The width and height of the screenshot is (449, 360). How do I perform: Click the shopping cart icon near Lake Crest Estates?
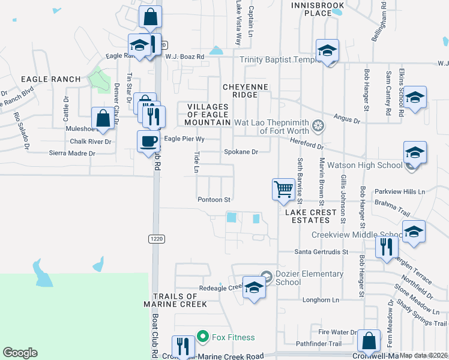click(x=283, y=190)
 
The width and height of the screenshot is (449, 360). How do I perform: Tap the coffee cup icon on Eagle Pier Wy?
click(x=148, y=142)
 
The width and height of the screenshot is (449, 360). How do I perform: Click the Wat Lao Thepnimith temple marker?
click(x=318, y=127)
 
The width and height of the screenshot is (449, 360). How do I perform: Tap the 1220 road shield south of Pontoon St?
click(x=155, y=239)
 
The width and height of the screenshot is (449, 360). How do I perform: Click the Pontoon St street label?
click(x=214, y=199)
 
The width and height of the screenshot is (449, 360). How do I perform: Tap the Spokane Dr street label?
click(x=241, y=152)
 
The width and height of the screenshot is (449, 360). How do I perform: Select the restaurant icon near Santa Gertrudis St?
click(x=385, y=246)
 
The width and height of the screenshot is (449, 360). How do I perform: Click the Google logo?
click(x=20, y=353)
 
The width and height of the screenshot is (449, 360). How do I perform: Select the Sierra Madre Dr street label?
click(x=73, y=154)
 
